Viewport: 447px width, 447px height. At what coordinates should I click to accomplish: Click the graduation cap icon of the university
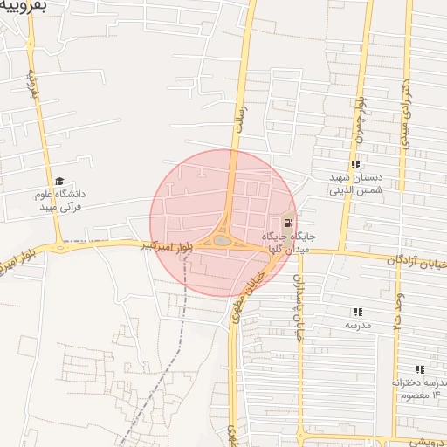coord(59,181)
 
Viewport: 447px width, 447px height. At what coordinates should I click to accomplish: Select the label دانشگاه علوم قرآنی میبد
coord(60,200)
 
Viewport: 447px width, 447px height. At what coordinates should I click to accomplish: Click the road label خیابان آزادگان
coord(417,261)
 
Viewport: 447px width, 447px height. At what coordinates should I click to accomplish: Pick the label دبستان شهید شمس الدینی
coord(355,182)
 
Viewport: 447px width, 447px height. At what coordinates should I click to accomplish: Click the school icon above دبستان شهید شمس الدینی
coord(355,164)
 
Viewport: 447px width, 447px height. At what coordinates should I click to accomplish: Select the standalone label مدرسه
coord(358,325)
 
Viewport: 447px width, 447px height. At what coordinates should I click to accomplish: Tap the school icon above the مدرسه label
coord(358,312)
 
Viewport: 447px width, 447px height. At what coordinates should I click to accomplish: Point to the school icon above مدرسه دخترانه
coord(420,370)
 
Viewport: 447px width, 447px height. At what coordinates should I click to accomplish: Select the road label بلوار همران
coord(359,121)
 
